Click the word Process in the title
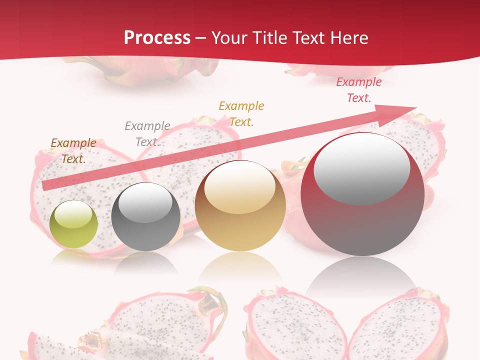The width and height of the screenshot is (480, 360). coord(157,38)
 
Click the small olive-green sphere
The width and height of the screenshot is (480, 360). coord(73,224)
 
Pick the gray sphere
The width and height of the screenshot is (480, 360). coord(145,217)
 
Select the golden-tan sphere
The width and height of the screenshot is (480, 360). coord(240,206)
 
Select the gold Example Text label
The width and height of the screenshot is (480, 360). coord(241,114)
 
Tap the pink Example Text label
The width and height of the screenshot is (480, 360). coord(358,90)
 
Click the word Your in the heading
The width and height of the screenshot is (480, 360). coord(229,38)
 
